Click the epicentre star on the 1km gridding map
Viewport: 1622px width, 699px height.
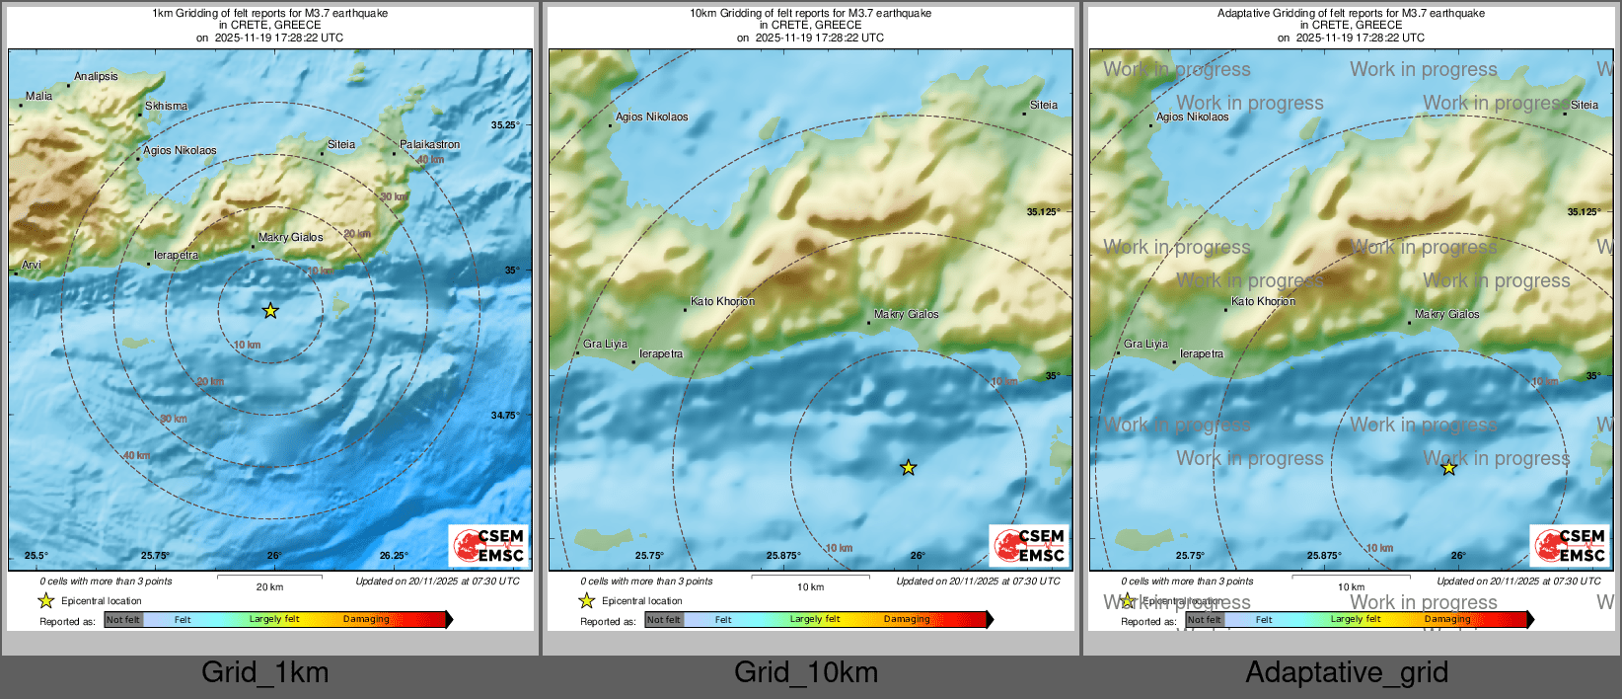coord(270,311)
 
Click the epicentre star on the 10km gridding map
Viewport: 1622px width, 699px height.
coord(908,468)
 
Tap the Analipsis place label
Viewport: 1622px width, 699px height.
coord(96,76)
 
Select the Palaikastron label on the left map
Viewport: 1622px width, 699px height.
coord(429,144)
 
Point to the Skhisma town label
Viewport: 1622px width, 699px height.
coord(166,106)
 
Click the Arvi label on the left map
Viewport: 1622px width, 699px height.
coord(32,265)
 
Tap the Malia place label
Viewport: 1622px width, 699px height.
coord(38,96)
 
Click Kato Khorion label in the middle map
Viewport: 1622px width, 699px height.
coord(722,301)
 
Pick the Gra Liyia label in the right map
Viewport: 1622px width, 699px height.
coord(1145,344)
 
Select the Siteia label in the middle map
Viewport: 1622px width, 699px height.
coord(1044,105)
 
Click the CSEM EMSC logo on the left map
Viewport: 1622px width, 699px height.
coord(488,546)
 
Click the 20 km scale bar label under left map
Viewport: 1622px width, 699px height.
coord(269,586)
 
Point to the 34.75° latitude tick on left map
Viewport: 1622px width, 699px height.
coord(504,415)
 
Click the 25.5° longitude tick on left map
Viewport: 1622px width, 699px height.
coord(36,555)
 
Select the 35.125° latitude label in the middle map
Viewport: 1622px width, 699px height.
coord(1043,211)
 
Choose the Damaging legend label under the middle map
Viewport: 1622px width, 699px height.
coord(907,619)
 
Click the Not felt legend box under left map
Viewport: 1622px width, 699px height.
coord(123,620)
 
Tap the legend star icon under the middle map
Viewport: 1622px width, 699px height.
coord(587,600)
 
